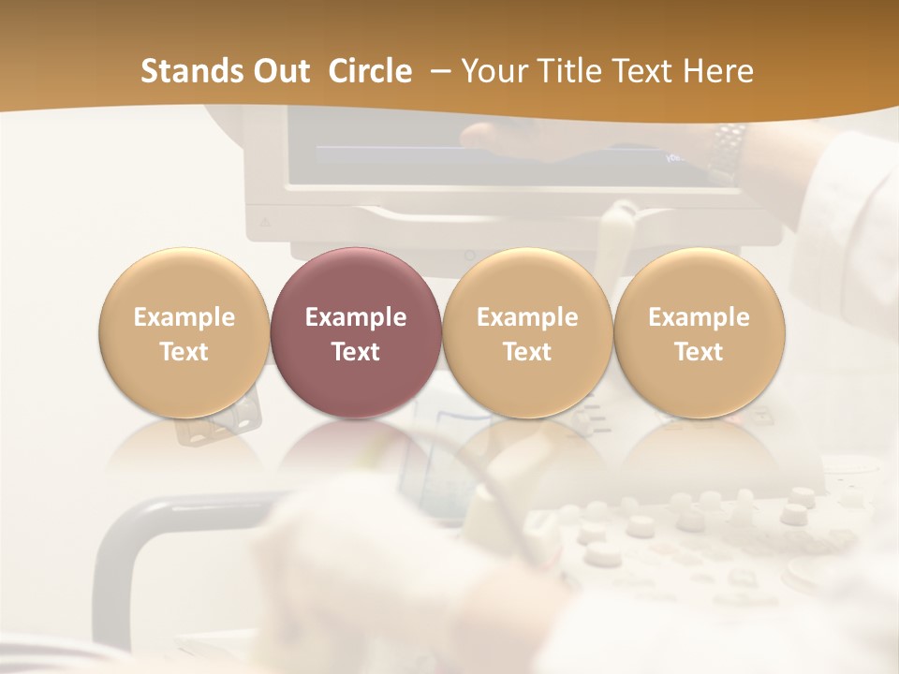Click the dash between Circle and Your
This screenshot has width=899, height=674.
click(x=436, y=72)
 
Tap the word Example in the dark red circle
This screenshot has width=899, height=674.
click(x=355, y=317)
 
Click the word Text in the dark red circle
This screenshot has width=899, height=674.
click(x=355, y=352)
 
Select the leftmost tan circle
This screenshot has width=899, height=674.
click(x=184, y=333)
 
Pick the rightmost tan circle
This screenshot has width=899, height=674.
click(x=699, y=333)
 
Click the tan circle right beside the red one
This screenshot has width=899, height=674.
click(x=527, y=333)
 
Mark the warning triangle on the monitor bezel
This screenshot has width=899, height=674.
click(x=265, y=223)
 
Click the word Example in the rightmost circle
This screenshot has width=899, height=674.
click(x=699, y=317)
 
